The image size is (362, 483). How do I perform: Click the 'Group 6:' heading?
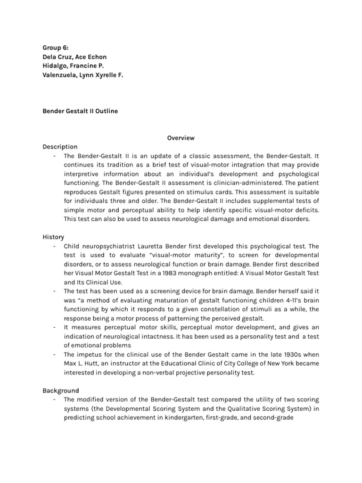pyautogui.click(x=56, y=48)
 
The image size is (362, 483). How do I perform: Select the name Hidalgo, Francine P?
pyautogui.click(x=71, y=66)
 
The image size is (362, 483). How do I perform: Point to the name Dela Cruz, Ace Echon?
pyautogui.click(x=74, y=57)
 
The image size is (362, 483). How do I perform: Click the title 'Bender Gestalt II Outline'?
pyautogui.click(x=81, y=111)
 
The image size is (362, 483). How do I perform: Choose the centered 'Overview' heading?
pyautogui.click(x=181, y=138)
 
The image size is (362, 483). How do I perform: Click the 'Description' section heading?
pyautogui.click(x=60, y=147)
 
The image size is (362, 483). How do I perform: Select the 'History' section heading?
pyautogui.click(x=53, y=237)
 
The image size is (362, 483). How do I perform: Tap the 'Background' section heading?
pyautogui.click(x=61, y=391)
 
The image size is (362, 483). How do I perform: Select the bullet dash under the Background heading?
pyautogui.click(x=55, y=400)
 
